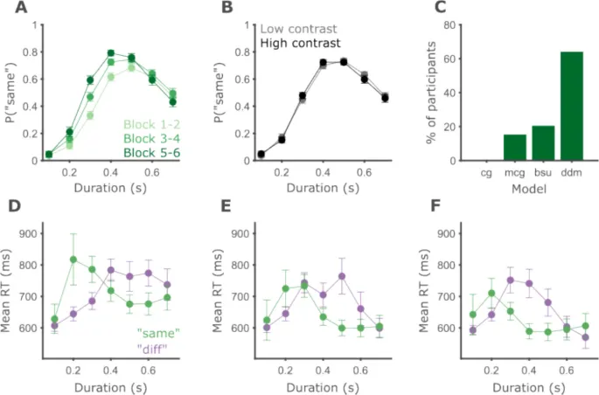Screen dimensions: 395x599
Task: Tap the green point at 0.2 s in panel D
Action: pos(73,259)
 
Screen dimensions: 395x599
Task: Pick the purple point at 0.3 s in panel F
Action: pos(511,281)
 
